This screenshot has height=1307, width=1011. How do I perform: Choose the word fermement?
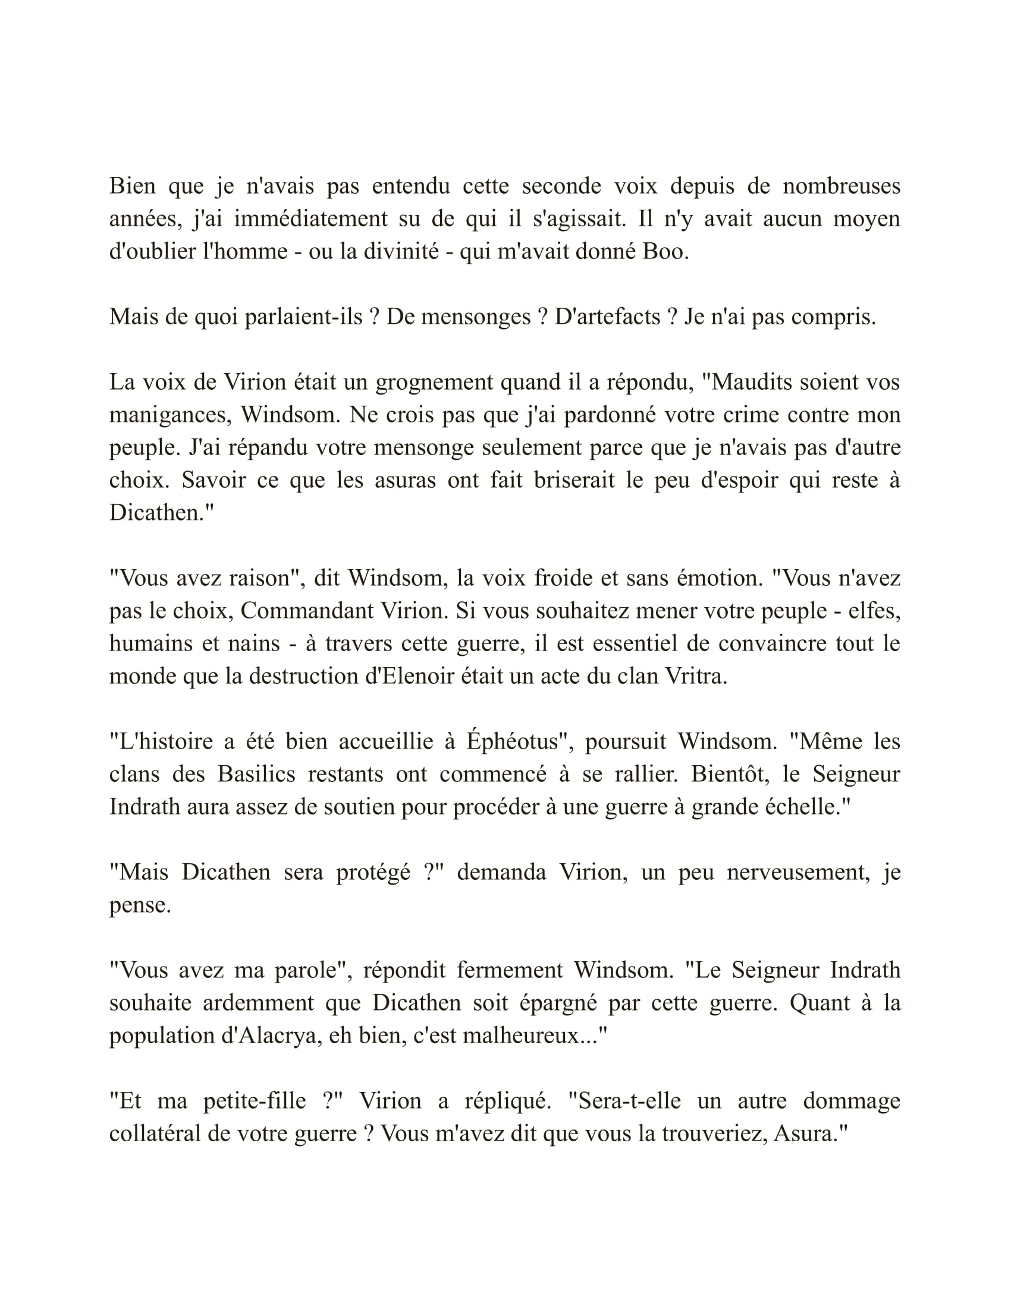(x=510, y=970)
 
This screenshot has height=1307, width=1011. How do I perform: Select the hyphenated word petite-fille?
(x=255, y=1100)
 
